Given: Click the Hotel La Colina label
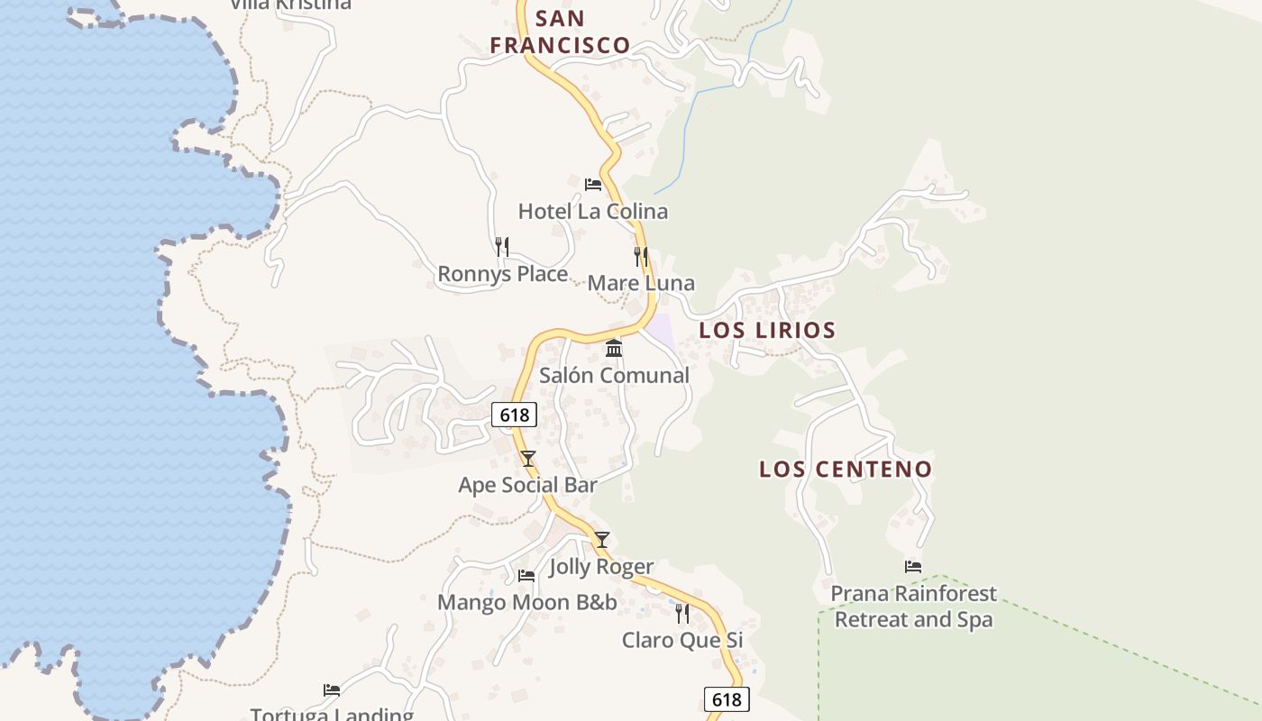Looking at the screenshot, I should click(593, 212).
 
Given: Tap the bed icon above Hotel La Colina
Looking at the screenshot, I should click(593, 185).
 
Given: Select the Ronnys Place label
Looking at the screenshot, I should click(502, 274).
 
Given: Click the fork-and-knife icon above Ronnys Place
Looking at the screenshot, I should click(502, 246).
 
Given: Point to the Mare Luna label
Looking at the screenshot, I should click(641, 283).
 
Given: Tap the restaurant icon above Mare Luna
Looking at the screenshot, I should click(641, 256).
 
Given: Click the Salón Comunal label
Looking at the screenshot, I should click(614, 375).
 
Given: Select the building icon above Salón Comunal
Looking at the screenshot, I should click(614, 348).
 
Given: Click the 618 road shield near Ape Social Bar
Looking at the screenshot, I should click(514, 415).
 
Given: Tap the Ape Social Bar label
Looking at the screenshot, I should click(527, 485).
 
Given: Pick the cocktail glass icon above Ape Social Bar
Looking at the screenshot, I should click(528, 459).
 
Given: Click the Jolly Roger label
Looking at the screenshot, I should click(601, 566).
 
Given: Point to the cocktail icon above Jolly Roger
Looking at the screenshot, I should click(602, 540).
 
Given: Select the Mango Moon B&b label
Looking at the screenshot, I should click(527, 602).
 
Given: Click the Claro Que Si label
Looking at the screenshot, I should click(682, 640).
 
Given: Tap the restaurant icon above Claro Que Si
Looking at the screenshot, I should click(682, 614).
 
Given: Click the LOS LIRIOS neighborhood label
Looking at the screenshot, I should click(767, 330).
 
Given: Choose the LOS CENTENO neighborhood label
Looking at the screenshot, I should click(845, 469).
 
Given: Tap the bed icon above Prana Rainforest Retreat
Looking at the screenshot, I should click(913, 567).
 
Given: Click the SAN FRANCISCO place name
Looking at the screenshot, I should click(560, 32).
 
